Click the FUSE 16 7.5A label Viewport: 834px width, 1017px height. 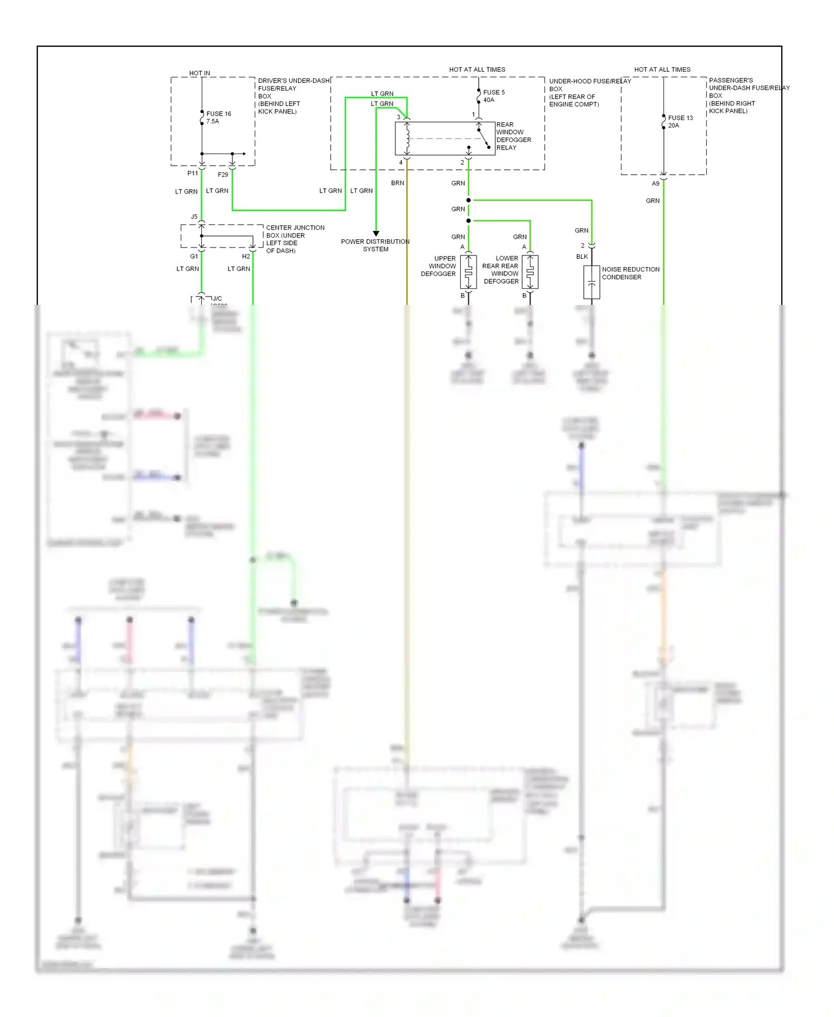point(218,117)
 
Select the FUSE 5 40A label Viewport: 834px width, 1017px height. point(493,96)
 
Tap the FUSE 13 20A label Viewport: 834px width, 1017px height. point(680,122)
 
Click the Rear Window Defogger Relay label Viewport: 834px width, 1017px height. point(513,136)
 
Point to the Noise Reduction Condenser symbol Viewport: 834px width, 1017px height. point(592,283)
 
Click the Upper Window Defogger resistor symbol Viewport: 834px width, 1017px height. point(469,272)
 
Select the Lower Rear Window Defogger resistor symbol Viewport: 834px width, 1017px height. point(530,272)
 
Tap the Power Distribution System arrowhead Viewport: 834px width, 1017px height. point(376,234)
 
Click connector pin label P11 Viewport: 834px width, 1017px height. point(192,174)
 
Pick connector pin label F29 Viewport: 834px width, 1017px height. point(223,175)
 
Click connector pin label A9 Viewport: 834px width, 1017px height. point(656,184)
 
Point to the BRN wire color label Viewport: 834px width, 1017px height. point(398,183)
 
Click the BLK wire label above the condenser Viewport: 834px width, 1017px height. point(582,257)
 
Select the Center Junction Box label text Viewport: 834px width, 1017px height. point(295,239)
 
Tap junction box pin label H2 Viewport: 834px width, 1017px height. point(246,256)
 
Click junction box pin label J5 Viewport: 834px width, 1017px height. point(194,217)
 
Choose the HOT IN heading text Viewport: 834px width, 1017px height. point(200,73)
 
